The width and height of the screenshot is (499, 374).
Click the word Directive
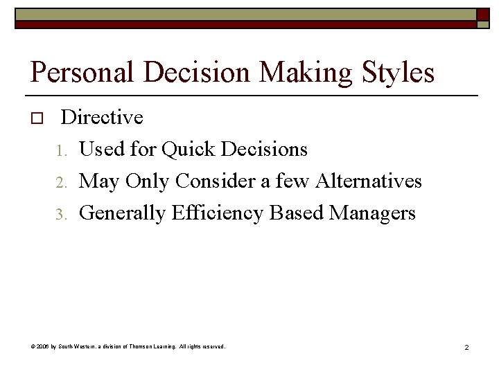coord(102,117)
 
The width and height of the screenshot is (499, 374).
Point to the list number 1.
coord(62,150)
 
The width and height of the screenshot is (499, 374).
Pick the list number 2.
coord(62,182)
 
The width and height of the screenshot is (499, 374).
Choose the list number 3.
coord(62,214)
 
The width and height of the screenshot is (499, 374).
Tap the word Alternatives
coord(369,181)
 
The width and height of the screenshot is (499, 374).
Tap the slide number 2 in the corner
coord(466,347)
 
